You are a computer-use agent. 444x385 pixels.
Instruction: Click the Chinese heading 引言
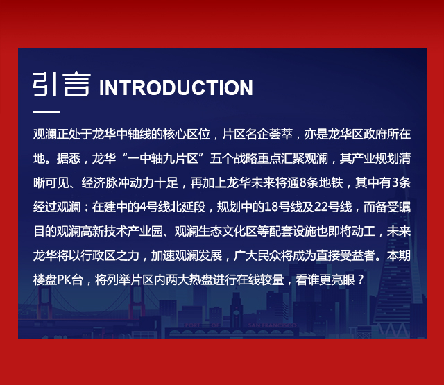coord(62,85)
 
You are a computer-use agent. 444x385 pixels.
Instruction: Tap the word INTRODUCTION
coord(176,88)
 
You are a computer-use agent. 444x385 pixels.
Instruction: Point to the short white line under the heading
coord(46,112)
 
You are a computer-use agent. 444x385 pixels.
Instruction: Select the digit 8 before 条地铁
coord(302,183)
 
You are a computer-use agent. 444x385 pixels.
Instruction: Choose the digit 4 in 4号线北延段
coord(143,207)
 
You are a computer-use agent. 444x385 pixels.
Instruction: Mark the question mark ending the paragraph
coord(361,280)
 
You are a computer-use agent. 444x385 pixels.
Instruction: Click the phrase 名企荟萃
coord(269,134)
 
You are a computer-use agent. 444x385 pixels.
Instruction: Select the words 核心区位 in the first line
coord(187,134)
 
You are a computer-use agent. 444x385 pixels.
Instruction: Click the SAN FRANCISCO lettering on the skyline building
coord(273,325)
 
